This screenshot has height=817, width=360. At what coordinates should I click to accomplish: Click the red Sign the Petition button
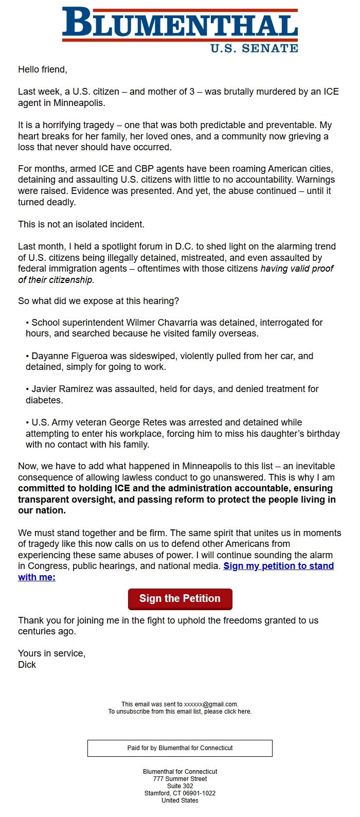point(180,599)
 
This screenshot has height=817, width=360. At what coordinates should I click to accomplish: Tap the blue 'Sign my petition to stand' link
point(278,566)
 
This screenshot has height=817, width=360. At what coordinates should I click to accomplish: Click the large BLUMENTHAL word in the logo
point(180,24)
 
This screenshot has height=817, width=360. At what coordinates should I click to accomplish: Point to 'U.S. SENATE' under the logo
point(254,48)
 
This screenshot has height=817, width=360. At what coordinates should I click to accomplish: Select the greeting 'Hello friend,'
point(43,69)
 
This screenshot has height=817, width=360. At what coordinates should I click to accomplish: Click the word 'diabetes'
point(44,400)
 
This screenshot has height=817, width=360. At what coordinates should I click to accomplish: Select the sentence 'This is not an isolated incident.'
point(81,224)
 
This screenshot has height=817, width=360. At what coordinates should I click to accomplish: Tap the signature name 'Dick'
point(27,665)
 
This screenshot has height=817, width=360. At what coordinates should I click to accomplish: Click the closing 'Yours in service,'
point(51,653)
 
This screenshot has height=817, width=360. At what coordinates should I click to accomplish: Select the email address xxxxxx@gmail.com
point(211,704)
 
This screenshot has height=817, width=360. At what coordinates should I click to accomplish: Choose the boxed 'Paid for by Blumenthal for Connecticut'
point(180,748)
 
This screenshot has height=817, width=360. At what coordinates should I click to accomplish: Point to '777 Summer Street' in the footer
point(180,779)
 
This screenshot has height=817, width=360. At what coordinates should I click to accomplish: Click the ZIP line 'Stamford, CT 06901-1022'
point(180,793)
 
